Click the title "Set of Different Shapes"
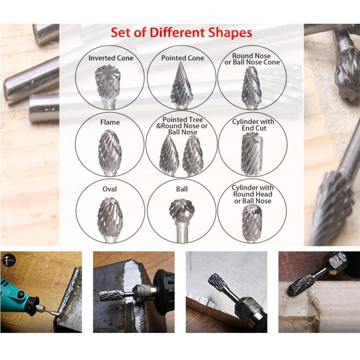[181, 33]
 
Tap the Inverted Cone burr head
[107, 82]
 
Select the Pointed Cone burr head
[181, 86]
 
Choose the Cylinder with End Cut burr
[252, 153]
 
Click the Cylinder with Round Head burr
[252, 222]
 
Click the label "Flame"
[110, 122]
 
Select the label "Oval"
[110, 189]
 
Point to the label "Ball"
[182, 189]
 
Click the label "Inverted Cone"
[111, 58]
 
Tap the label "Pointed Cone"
[182, 58]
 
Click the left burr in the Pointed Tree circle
[169, 155]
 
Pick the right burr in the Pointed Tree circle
[193, 155]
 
